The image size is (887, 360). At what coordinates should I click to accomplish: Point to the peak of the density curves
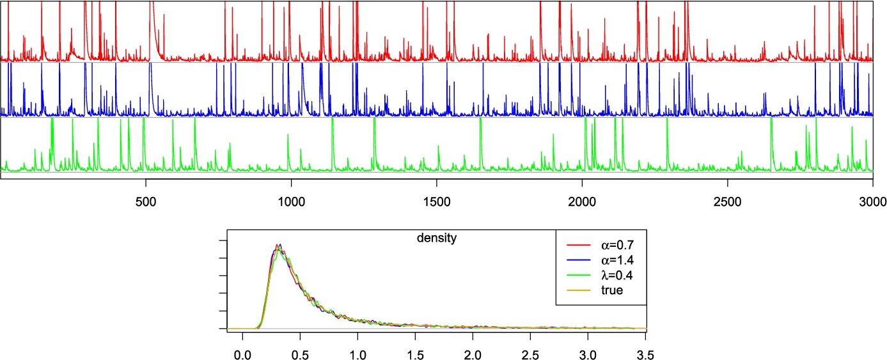point(278,245)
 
